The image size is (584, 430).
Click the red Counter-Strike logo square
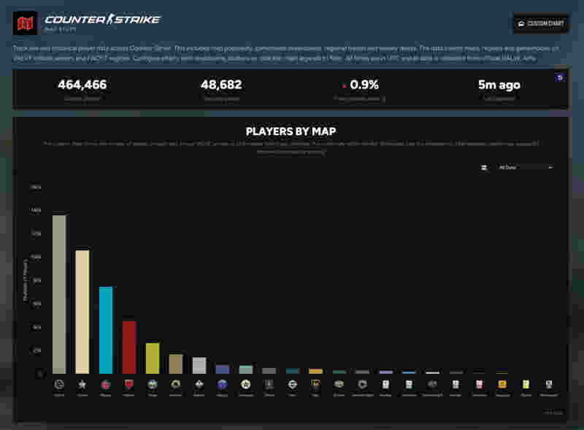click(26, 23)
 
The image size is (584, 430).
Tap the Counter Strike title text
click(102, 20)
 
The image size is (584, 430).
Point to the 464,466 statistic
click(82, 85)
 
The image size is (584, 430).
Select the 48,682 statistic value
click(221, 85)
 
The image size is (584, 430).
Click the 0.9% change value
click(364, 85)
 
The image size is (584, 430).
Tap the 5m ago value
click(499, 85)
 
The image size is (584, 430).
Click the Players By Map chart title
click(291, 131)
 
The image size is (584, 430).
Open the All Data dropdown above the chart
click(525, 167)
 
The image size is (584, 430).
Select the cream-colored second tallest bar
click(82, 312)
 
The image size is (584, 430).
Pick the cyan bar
click(106, 330)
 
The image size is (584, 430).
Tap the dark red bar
click(129, 347)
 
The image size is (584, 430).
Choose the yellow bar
click(153, 358)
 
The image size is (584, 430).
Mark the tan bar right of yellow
click(176, 364)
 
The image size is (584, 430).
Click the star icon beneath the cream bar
click(82, 384)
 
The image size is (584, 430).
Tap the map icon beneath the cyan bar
click(106, 384)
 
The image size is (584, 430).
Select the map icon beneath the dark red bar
click(129, 384)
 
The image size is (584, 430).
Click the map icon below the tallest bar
click(59, 384)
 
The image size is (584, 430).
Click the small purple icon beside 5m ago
click(560, 77)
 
